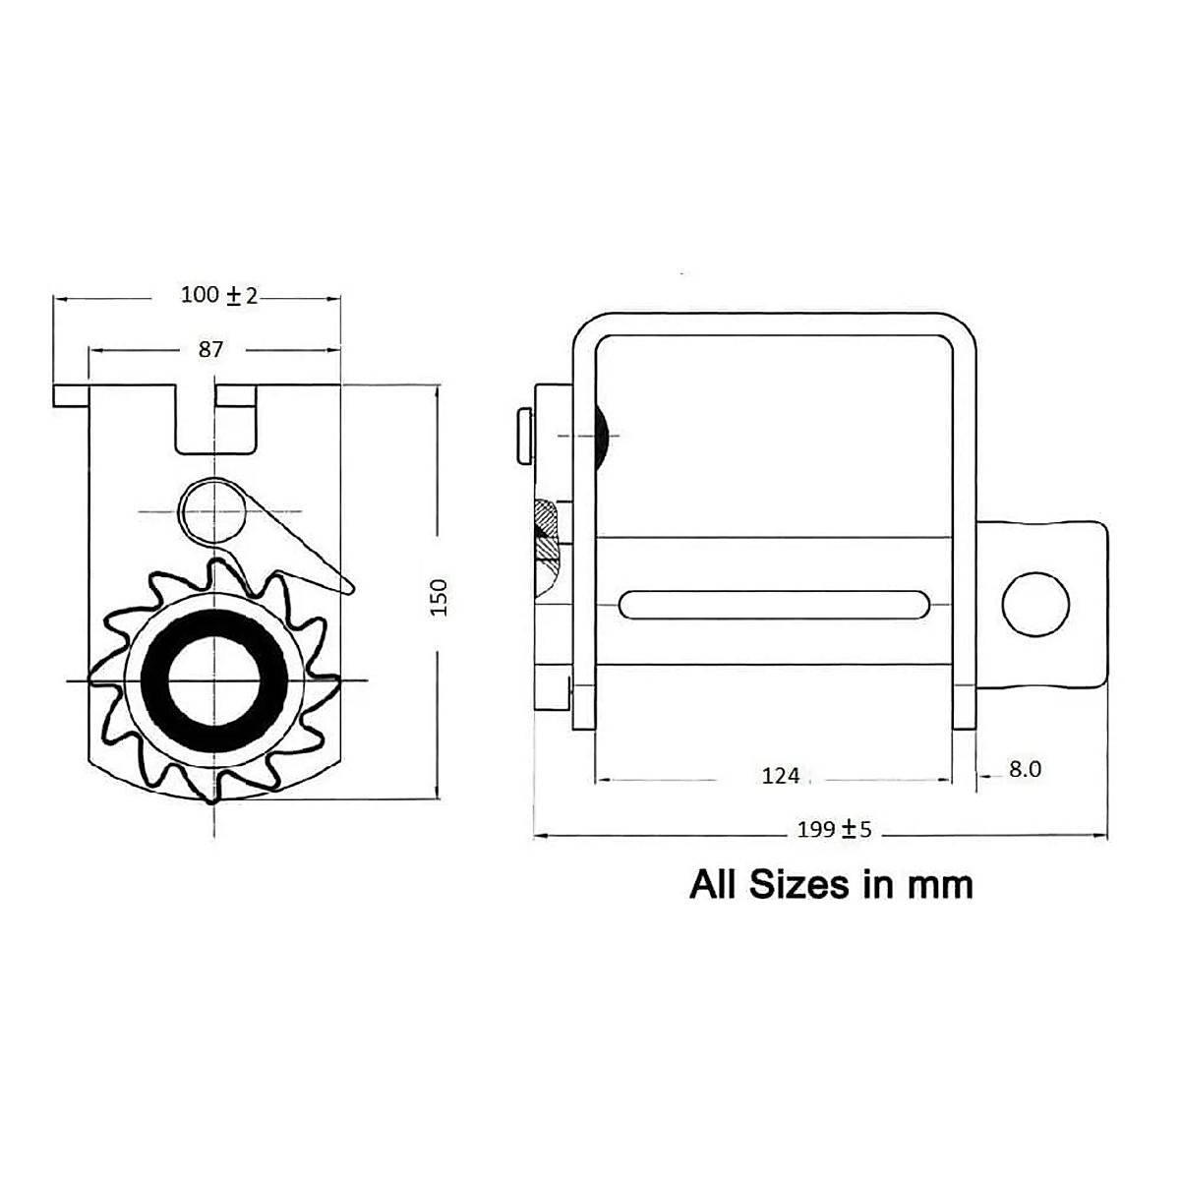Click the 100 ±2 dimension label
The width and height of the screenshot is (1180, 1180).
point(218,295)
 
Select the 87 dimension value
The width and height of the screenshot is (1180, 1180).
point(210,349)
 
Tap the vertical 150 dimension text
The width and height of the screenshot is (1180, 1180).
point(440,597)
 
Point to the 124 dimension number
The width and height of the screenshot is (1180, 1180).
point(781,776)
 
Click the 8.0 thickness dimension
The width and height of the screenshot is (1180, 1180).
point(1025,770)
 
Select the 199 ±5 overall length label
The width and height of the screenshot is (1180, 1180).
point(834,830)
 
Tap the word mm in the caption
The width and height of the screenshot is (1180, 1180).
point(939,885)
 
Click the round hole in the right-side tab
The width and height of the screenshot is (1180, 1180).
point(1035,603)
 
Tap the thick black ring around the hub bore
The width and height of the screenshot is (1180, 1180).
point(155,680)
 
